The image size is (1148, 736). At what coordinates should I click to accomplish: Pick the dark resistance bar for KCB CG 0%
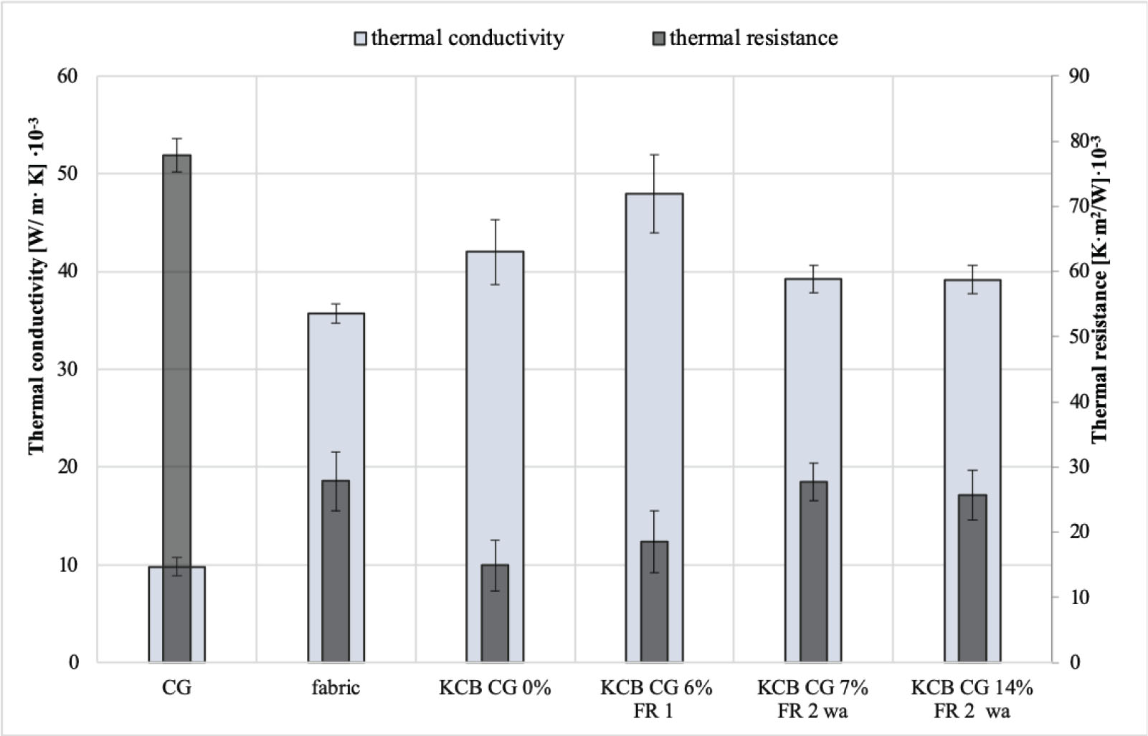pyautogui.click(x=495, y=616)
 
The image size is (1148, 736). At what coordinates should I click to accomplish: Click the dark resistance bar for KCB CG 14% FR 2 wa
pyautogui.click(x=972, y=580)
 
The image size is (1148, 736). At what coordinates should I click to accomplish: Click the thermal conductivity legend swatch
pyautogui.click(x=361, y=39)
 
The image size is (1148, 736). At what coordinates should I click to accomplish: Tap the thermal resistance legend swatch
pyautogui.click(x=658, y=39)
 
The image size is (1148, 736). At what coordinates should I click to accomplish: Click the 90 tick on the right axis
pyautogui.click(x=1078, y=76)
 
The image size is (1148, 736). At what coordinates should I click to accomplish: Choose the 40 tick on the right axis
pyautogui.click(x=1078, y=401)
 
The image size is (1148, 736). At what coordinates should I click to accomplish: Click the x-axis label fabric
pyautogui.click(x=336, y=688)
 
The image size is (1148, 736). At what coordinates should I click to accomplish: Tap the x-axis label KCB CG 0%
pyautogui.click(x=495, y=688)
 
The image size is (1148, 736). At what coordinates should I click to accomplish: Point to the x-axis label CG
pyautogui.click(x=176, y=688)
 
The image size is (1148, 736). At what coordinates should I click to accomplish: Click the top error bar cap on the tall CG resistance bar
pyautogui.click(x=176, y=138)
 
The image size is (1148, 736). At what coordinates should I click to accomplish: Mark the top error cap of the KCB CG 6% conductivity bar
pyautogui.click(x=654, y=155)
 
